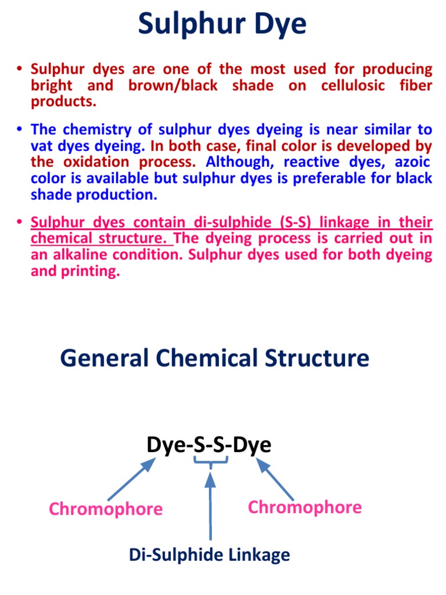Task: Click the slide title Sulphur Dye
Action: click(222, 26)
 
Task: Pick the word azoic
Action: click(411, 162)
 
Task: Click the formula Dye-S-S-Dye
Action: click(208, 446)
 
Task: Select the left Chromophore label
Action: click(106, 509)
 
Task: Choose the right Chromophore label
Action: click(304, 507)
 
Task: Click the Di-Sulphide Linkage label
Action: click(209, 555)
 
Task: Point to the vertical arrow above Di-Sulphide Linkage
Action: click(210, 506)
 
